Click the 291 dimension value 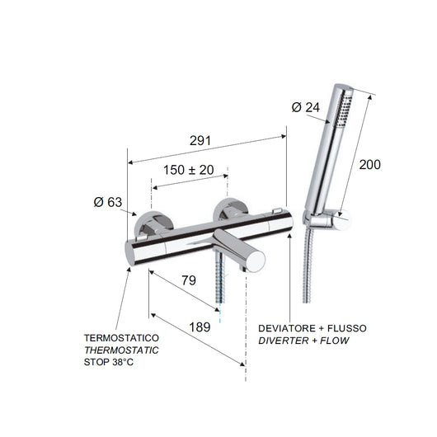199,141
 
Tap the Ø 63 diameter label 109,200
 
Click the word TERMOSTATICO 121,339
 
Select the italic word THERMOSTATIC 123,350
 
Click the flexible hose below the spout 220,284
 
